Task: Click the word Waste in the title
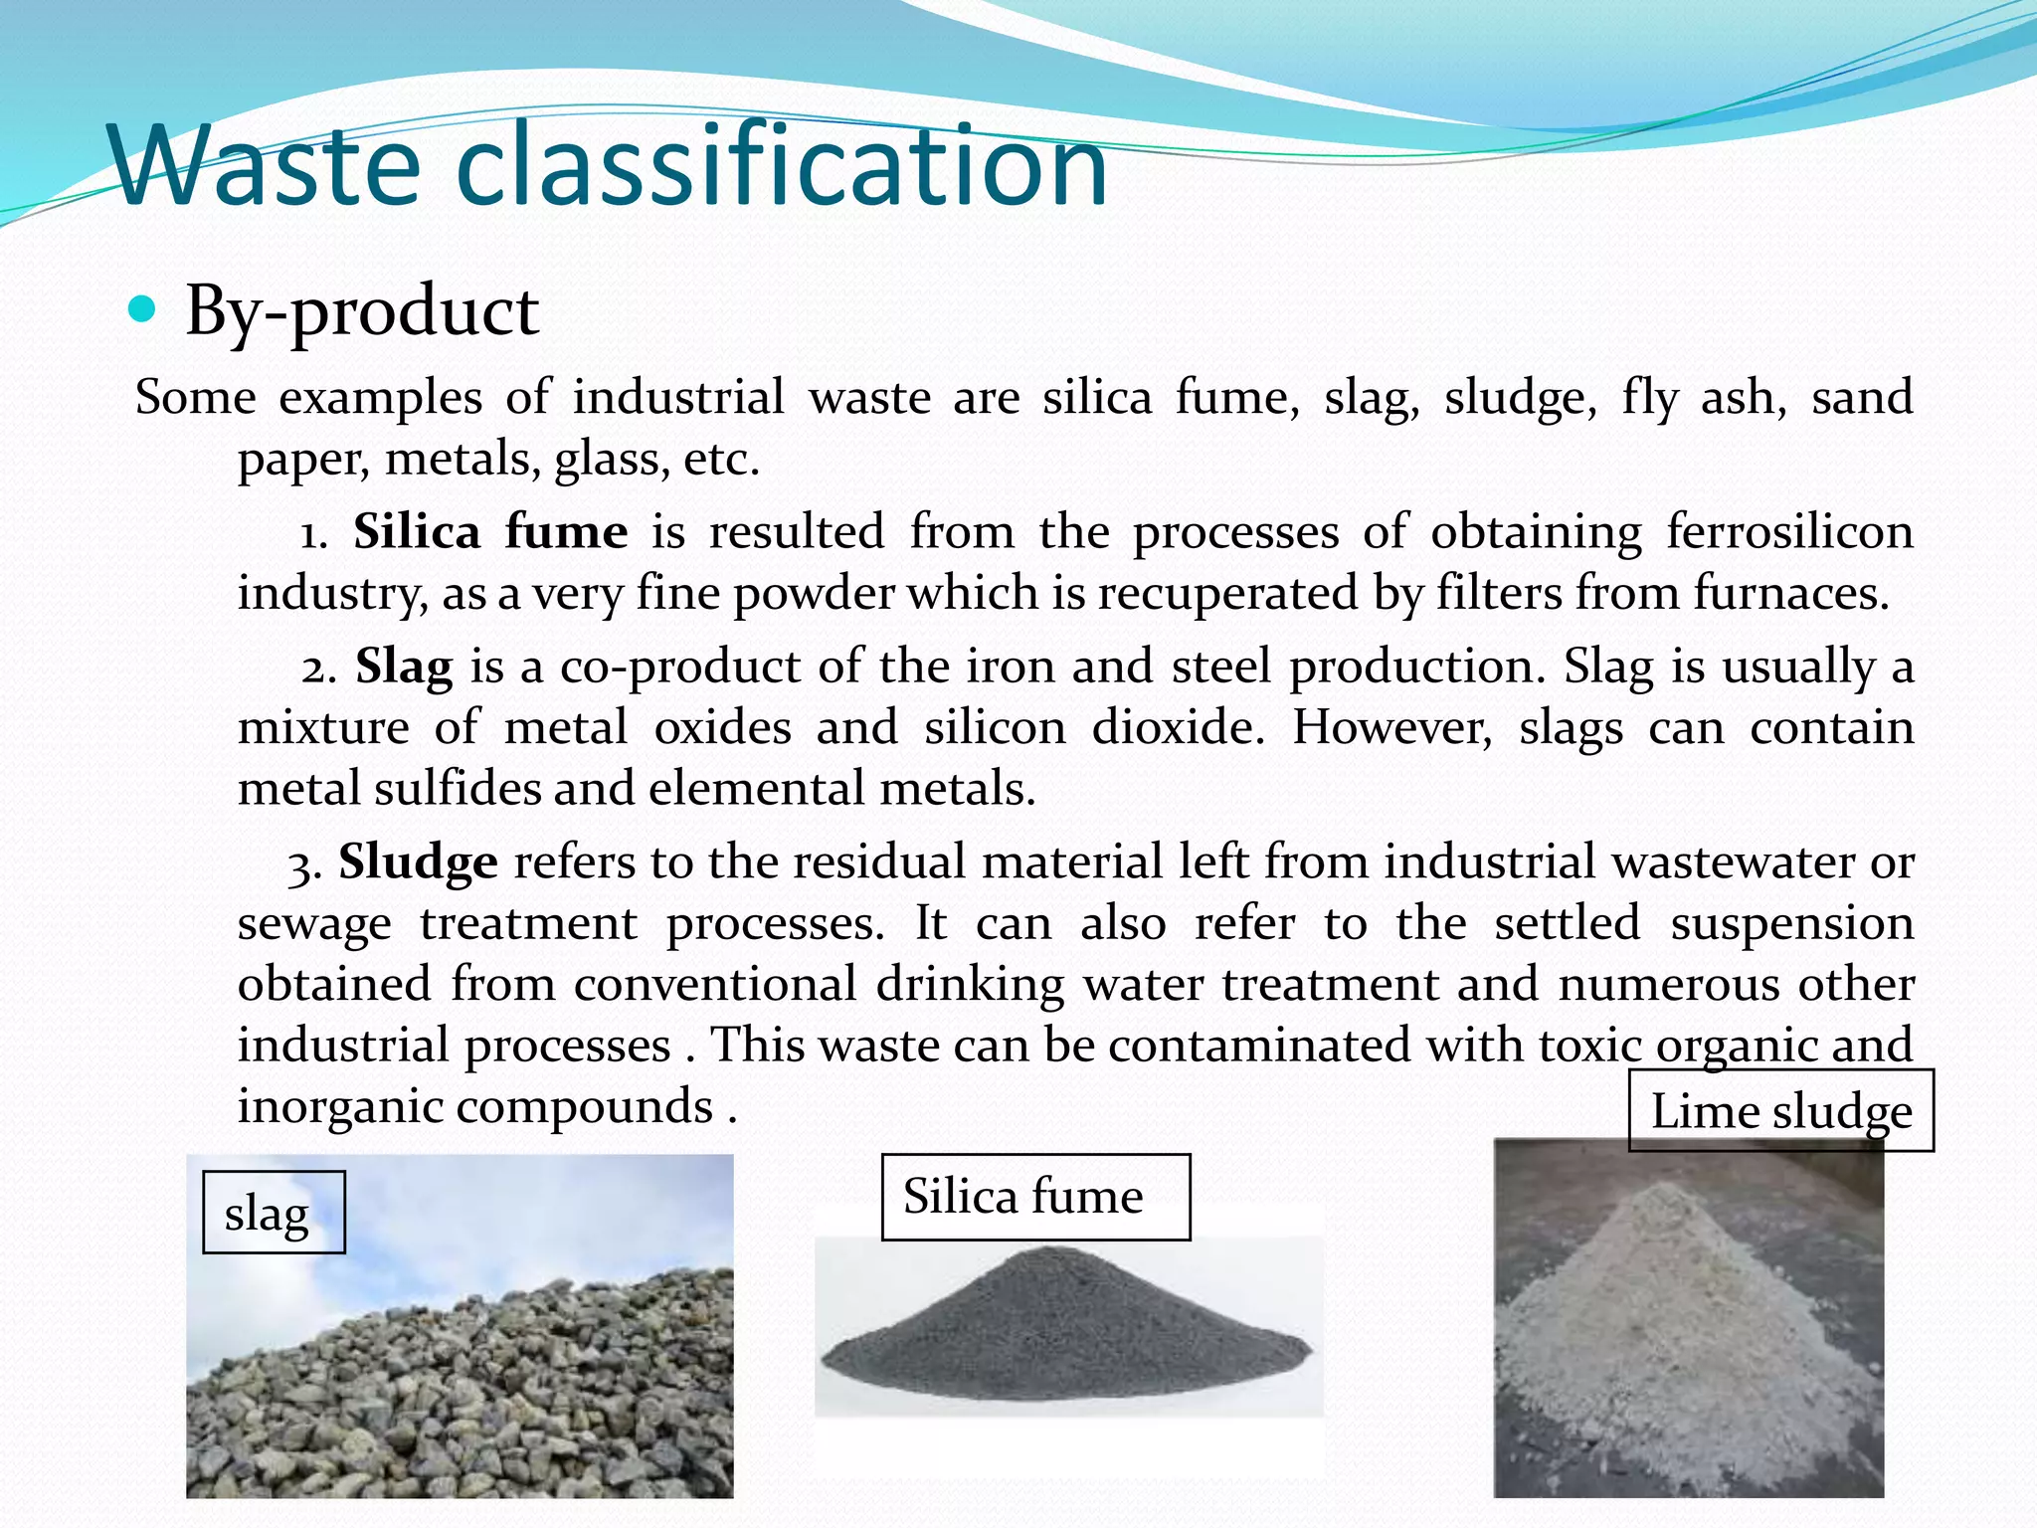coord(267,166)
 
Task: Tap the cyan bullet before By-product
coord(143,311)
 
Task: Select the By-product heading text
coord(362,312)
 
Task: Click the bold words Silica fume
coord(490,532)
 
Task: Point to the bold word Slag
coord(404,667)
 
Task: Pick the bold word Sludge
coord(418,862)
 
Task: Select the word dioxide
coord(1178,728)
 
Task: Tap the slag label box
coord(274,1213)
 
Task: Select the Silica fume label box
coord(1035,1197)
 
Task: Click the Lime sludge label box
coord(1780,1111)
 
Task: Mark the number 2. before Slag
coord(318,668)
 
